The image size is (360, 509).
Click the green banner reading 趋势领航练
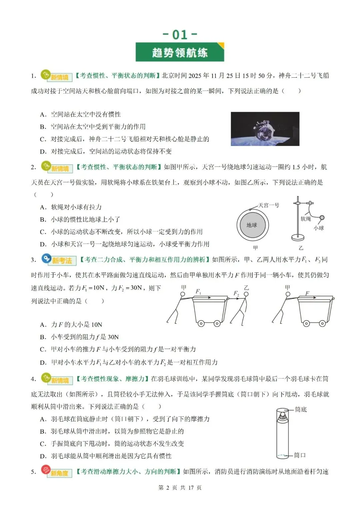[x=180, y=52]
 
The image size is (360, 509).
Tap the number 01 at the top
[x=180, y=34]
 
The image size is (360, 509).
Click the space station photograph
[x=265, y=129]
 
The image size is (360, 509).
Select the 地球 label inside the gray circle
[x=252, y=225]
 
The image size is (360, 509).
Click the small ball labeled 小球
[x=322, y=218]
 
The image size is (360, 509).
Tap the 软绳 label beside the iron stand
[x=306, y=219]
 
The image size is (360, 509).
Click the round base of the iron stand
[x=298, y=237]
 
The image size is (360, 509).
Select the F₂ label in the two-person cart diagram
[x=236, y=293]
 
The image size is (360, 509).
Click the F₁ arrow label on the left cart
[x=198, y=292]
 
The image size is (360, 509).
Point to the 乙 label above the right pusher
[x=246, y=287]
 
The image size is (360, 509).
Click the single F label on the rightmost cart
[x=307, y=293]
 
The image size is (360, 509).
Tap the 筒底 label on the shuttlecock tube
[x=301, y=409]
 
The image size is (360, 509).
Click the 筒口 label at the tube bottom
[x=300, y=455]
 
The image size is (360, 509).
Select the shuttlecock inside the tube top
[x=283, y=416]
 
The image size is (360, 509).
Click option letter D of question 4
[x=43, y=456]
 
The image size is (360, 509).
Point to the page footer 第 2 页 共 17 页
[x=180, y=488]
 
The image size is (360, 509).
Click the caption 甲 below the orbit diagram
[x=255, y=248]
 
